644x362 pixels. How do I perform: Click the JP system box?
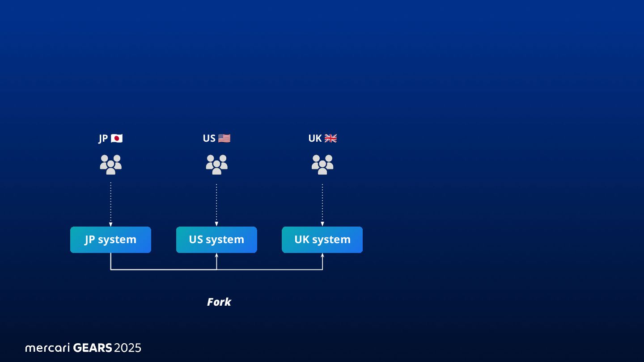click(110, 240)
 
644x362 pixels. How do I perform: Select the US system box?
click(216, 240)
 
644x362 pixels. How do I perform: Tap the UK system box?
click(322, 240)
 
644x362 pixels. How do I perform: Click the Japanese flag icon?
click(117, 139)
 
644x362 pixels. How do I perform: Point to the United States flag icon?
click(224, 139)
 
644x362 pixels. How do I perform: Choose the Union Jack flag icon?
click(330, 139)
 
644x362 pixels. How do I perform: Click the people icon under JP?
click(110, 164)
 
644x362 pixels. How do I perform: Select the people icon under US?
click(216, 164)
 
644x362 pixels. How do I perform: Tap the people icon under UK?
click(322, 164)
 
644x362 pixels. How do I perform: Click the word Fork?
click(219, 302)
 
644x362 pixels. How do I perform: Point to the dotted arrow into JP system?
click(110, 204)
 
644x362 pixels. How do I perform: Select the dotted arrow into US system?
click(216, 204)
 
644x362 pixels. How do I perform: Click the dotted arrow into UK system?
click(322, 204)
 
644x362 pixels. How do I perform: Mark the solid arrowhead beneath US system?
click(216, 256)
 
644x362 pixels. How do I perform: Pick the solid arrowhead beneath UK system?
click(322, 256)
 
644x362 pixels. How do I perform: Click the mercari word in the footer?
click(47, 348)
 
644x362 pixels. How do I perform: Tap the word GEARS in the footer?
click(92, 348)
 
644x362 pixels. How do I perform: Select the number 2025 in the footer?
click(127, 348)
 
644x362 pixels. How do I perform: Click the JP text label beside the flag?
click(103, 139)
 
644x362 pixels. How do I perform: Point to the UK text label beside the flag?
click(315, 139)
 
